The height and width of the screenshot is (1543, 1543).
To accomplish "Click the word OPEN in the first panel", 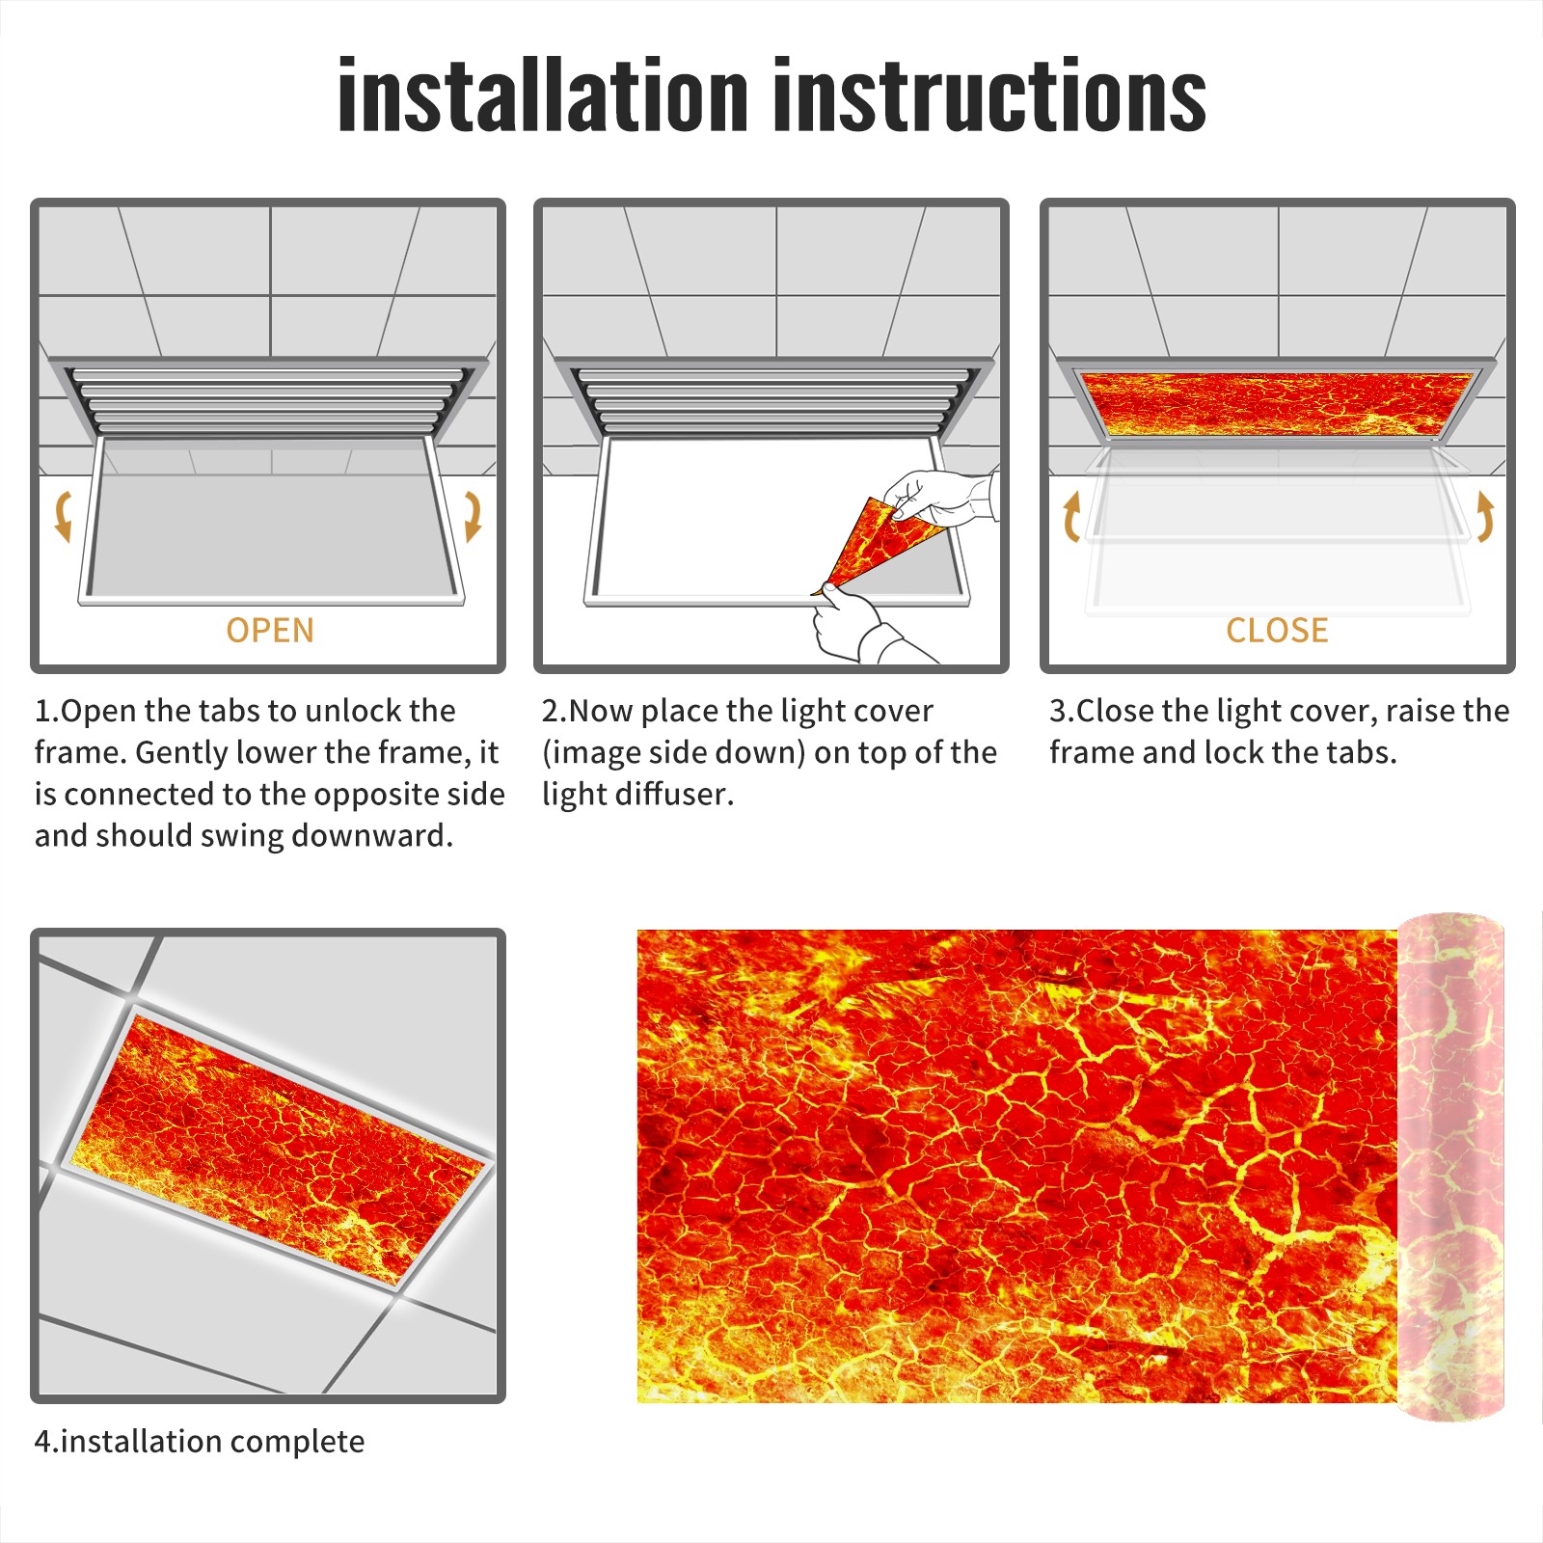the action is click(270, 630).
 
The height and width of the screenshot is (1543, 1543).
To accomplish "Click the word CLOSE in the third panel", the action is click(1277, 630).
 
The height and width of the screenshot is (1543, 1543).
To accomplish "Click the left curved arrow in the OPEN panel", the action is click(63, 516).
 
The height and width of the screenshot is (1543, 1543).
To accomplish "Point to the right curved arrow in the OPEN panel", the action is click(473, 516).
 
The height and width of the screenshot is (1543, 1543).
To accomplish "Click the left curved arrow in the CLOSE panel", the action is click(1071, 516).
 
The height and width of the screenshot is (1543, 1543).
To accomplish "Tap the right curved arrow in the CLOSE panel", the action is click(1485, 516).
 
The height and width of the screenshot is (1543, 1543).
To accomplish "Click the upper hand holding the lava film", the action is click(940, 497).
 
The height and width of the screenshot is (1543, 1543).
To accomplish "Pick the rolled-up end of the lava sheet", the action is click(1450, 1166).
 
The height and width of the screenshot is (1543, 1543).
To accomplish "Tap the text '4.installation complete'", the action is click(200, 1441).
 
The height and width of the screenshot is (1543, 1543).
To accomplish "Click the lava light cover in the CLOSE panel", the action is click(1277, 402).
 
